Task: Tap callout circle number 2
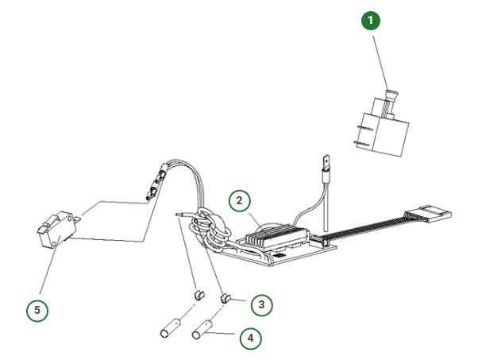click(239, 200)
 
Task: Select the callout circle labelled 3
click(261, 304)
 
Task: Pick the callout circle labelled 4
click(251, 339)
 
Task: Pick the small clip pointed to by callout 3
click(224, 297)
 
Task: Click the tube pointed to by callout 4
click(206, 327)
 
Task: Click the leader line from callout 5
click(46, 274)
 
